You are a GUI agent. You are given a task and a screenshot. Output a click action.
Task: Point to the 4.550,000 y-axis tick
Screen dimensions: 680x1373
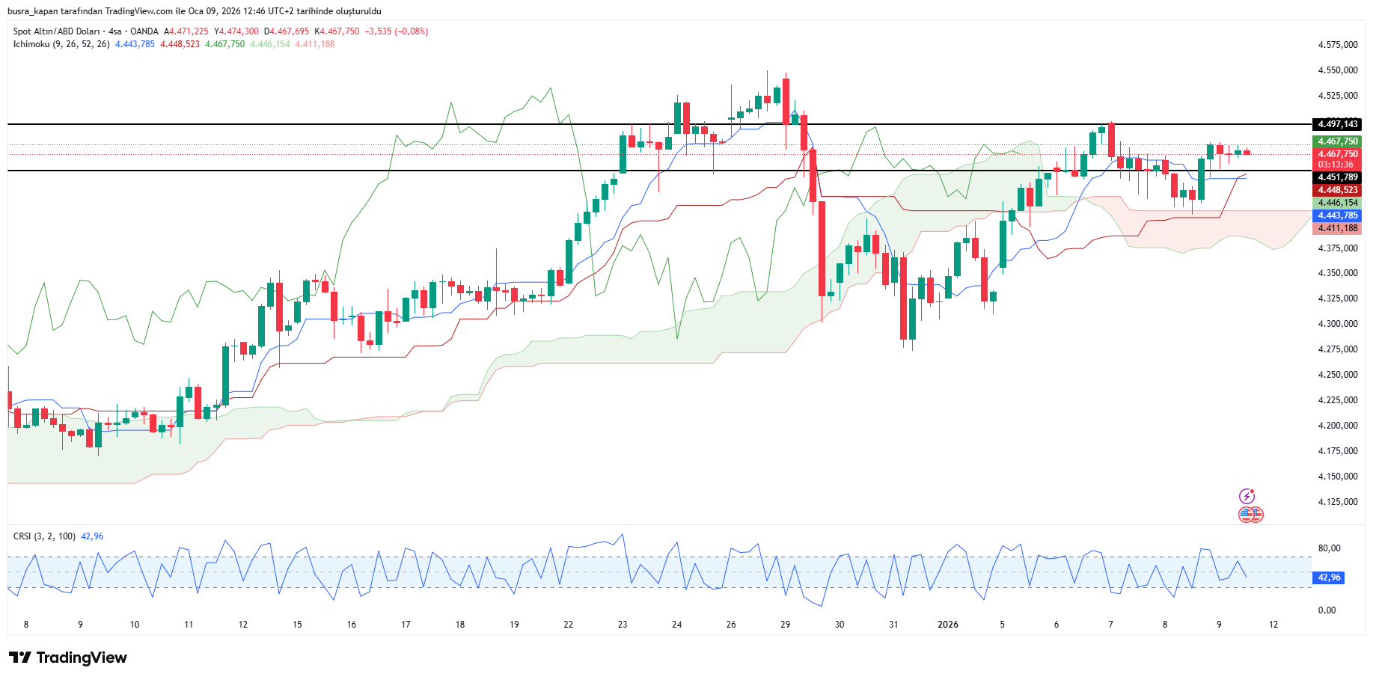1337,70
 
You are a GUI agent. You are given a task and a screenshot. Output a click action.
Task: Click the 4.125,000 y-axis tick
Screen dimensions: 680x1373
1337,502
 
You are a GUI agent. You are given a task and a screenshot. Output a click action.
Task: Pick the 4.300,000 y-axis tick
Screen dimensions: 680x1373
1337,324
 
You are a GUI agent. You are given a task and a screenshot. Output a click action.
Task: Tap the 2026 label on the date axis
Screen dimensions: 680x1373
947,625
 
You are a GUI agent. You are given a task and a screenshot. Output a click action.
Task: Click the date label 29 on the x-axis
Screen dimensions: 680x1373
785,625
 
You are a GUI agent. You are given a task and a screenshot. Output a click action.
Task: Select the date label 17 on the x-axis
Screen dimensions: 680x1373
406,625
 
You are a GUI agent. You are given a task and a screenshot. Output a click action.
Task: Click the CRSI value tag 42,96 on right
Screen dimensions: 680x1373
1329,578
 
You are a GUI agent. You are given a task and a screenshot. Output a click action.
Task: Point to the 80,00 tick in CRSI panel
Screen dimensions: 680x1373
1329,548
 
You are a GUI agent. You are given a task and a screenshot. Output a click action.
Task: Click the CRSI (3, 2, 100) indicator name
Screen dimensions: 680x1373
44,536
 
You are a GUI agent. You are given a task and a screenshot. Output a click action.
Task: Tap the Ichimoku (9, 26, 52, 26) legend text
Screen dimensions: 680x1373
61,44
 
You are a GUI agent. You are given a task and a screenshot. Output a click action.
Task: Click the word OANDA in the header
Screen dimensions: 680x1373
144,31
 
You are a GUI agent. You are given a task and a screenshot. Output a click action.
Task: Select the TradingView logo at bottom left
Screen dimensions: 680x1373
68,658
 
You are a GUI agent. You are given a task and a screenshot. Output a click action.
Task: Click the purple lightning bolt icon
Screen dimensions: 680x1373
1247,496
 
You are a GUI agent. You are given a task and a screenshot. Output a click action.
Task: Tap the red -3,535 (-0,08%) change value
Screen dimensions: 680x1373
397,31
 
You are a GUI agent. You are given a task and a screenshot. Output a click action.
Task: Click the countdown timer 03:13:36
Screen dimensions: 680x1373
1336,165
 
